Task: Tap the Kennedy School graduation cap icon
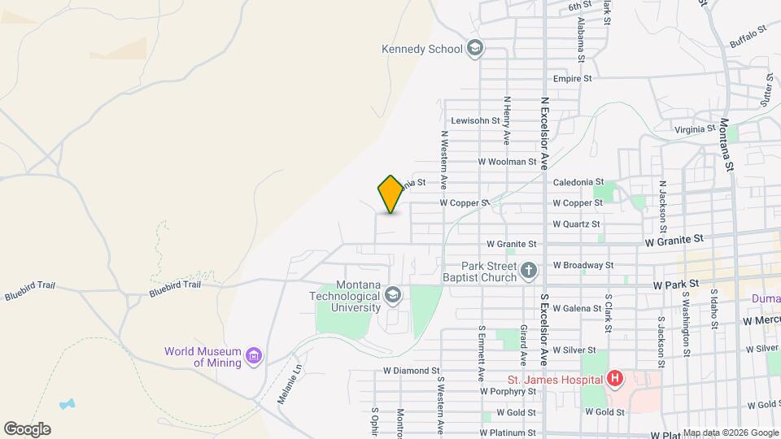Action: click(474, 49)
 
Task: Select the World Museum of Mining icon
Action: click(255, 356)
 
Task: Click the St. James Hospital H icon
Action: click(615, 379)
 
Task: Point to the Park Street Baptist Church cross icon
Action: click(530, 271)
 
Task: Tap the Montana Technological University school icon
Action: click(394, 294)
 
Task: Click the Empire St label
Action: click(576, 79)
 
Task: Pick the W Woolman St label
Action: click(508, 162)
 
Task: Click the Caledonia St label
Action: click(578, 182)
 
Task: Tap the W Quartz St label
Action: click(576, 224)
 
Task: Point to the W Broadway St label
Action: click(583, 265)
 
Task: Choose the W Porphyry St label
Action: click(508, 391)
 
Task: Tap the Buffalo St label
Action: click(748, 35)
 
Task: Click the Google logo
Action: click(27, 429)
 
